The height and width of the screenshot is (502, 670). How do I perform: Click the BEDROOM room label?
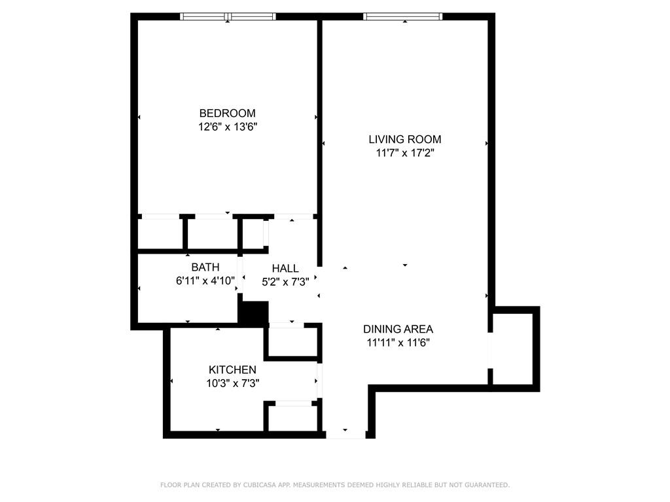click(x=227, y=113)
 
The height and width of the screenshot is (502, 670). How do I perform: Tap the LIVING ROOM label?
click(x=404, y=139)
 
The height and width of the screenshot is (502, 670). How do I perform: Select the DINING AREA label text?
click(x=398, y=329)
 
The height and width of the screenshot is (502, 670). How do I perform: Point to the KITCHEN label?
click(x=232, y=370)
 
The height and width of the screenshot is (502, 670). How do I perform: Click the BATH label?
click(x=205, y=267)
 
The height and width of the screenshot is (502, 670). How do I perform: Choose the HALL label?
click(x=285, y=269)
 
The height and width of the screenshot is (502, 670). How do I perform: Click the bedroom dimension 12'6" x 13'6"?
click(x=227, y=127)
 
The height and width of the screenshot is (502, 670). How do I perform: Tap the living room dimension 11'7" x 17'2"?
click(x=404, y=153)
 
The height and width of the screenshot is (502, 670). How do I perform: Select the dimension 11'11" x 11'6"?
click(x=398, y=343)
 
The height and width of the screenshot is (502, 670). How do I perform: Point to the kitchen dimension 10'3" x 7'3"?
click(x=232, y=383)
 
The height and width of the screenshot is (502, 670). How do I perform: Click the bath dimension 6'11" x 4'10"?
click(x=205, y=281)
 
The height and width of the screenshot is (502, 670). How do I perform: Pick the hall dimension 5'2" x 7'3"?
click(x=285, y=282)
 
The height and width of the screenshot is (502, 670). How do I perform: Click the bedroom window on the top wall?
click(x=228, y=16)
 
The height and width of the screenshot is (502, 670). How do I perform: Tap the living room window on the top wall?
click(x=403, y=16)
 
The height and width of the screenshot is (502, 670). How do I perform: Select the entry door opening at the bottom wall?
click(x=345, y=435)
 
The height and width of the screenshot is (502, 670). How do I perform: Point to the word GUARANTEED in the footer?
click(x=487, y=485)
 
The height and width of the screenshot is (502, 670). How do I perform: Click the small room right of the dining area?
click(x=513, y=349)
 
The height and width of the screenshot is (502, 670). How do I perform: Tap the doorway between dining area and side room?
click(x=491, y=350)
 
